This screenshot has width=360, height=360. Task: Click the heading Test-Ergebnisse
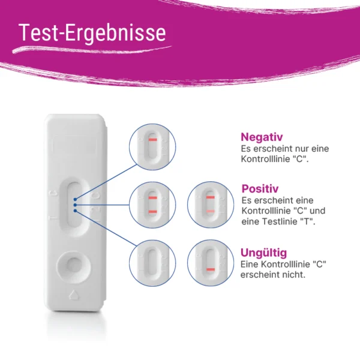[x=92, y=33]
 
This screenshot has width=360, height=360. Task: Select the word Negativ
[x=262, y=137]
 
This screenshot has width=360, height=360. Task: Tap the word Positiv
[x=260, y=189]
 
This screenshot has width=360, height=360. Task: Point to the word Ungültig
[x=263, y=253]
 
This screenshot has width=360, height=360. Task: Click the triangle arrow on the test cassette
[x=74, y=295]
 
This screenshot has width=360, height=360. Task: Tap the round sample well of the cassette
[x=73, y=267]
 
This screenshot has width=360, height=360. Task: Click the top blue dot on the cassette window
[x=75, y=199]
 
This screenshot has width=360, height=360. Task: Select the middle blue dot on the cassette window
[x=75, y=205]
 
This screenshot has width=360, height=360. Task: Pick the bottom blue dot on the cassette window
[x=75, y=211]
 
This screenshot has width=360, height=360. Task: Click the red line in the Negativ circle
[x=152, y=140]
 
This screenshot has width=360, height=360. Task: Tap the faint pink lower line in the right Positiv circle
[x=211, y=211]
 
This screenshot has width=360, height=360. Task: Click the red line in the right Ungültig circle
[x=211, y=269]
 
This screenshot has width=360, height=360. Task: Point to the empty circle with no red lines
[x=152, y=263]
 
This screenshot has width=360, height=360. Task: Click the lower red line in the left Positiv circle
[x=152, y=212]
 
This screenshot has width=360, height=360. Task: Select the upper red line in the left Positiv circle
[x=152, y=197]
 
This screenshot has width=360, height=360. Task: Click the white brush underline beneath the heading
[x=92, y=50]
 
